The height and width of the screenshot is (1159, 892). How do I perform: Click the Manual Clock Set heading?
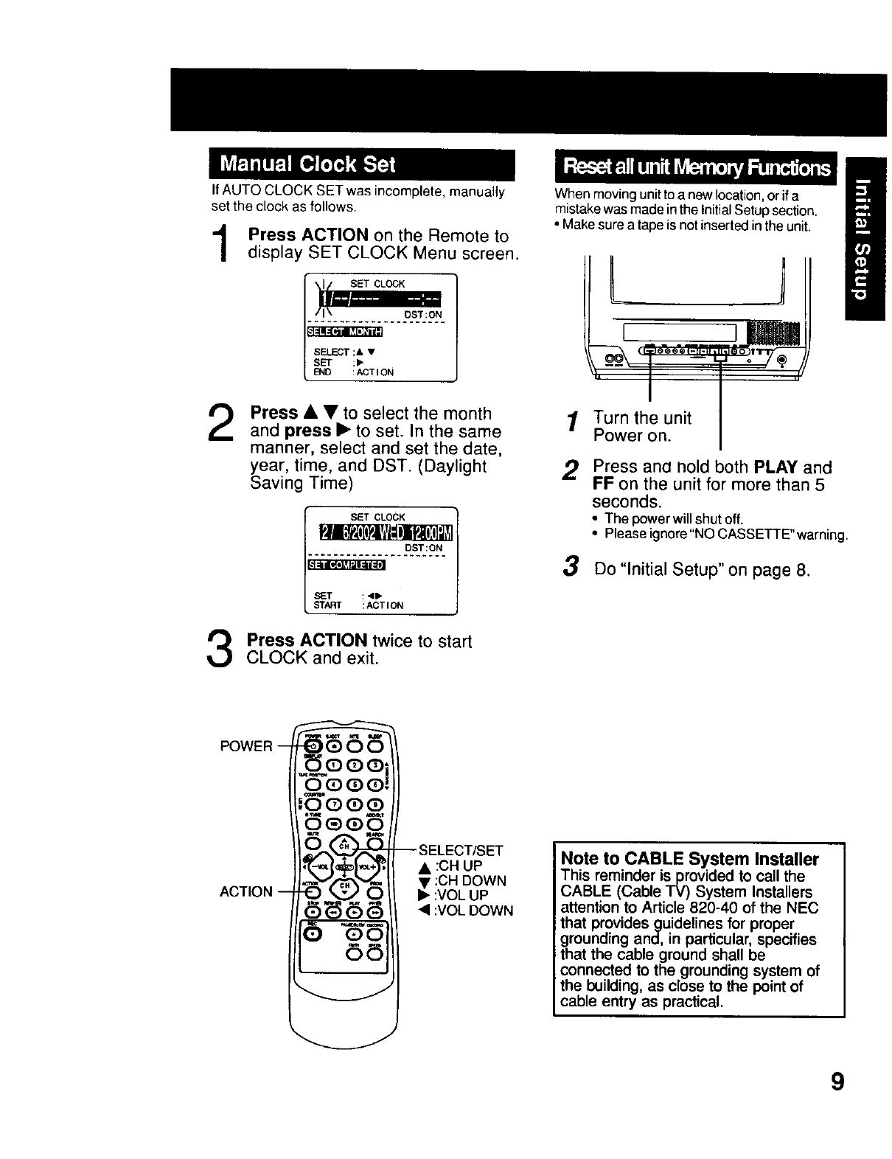(x=309, y=164)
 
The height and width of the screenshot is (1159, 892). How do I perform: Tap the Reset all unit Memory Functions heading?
(x=696, y=167)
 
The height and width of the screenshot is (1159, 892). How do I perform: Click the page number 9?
(x=836, y=1082)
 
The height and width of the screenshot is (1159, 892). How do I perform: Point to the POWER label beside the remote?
(x=246, y=746)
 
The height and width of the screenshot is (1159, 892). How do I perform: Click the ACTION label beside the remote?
(x=246, y=891)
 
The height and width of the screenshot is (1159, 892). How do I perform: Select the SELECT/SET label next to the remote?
(x=461, y=850)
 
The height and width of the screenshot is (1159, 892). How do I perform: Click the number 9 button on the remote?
(x=376, y=804)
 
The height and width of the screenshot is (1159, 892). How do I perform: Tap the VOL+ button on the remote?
(x=367, y=867)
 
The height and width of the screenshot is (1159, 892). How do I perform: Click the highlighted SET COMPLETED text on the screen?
(x=346, y=565)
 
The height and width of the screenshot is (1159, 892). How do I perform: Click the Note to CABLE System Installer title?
(x=689, y=859)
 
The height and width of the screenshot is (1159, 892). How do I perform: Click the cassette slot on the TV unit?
(x=678, y=333)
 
